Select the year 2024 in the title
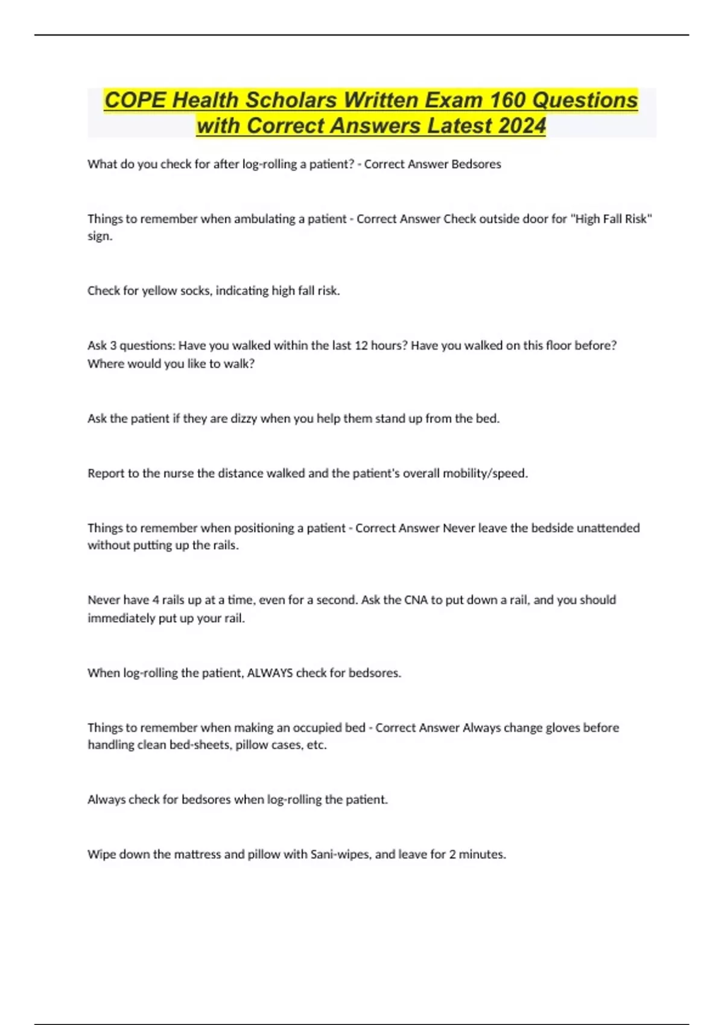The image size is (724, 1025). click(x=522, y=126)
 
